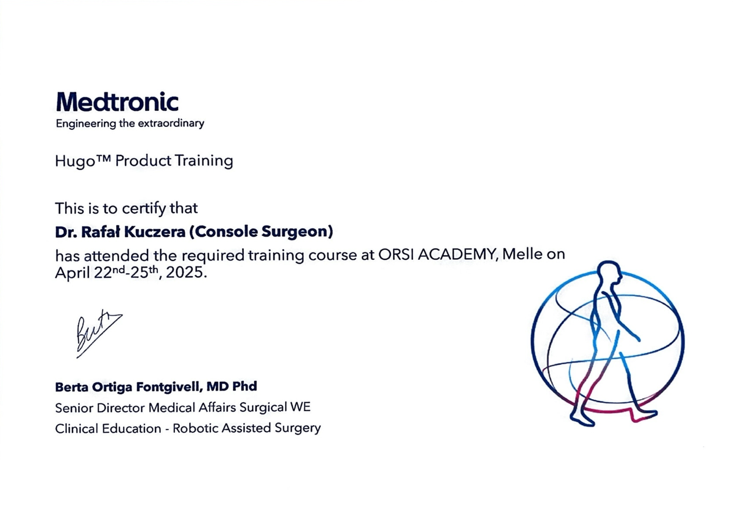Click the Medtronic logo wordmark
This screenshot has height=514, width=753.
point(117,102)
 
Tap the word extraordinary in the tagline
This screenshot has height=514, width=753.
point(171,124)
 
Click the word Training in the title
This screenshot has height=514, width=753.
point(204,161)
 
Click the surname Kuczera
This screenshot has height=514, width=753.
point(154,232)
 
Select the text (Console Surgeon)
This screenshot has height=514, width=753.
point(261,232)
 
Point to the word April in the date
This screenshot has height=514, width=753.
point(73,273)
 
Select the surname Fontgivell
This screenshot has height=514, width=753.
point(170,387)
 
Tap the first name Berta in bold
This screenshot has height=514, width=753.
point(72,388)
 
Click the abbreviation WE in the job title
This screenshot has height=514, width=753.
point(300,407)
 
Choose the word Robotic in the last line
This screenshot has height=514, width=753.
point(195,429)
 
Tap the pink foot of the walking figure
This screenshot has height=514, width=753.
point(644,416)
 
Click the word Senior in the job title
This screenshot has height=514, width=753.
point(74,408)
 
